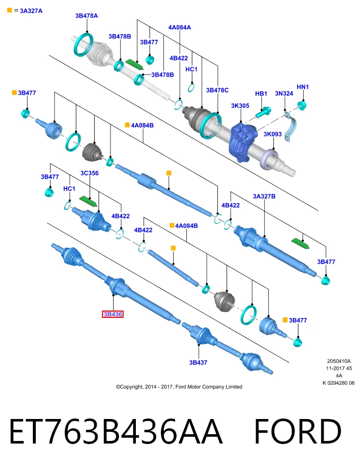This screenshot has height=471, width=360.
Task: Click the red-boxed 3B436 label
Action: (113, 314)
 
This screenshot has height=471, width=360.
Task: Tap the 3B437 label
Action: (198, 363)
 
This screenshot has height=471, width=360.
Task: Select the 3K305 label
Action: (240, 106)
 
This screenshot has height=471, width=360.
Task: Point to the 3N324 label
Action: (284, 93)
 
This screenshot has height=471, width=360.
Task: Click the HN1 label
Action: (303, 87)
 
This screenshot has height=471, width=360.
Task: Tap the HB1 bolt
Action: (263, 112)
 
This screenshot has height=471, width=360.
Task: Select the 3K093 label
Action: (273, 134)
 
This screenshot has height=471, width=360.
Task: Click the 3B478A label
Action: (86, 16)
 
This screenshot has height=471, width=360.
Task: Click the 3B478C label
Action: (217, 90)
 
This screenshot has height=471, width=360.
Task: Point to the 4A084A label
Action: (180, 27)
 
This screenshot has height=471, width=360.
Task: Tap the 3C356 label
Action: (89, 173)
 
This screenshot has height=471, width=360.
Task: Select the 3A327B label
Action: (264, 196)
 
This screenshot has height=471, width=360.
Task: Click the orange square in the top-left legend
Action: (9, 10)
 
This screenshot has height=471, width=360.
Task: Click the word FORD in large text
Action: (298, 431)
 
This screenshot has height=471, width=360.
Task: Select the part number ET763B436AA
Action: (116, 431)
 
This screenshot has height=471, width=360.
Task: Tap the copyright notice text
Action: (179, 387)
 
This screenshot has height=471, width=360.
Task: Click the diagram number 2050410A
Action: (339, 361)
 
